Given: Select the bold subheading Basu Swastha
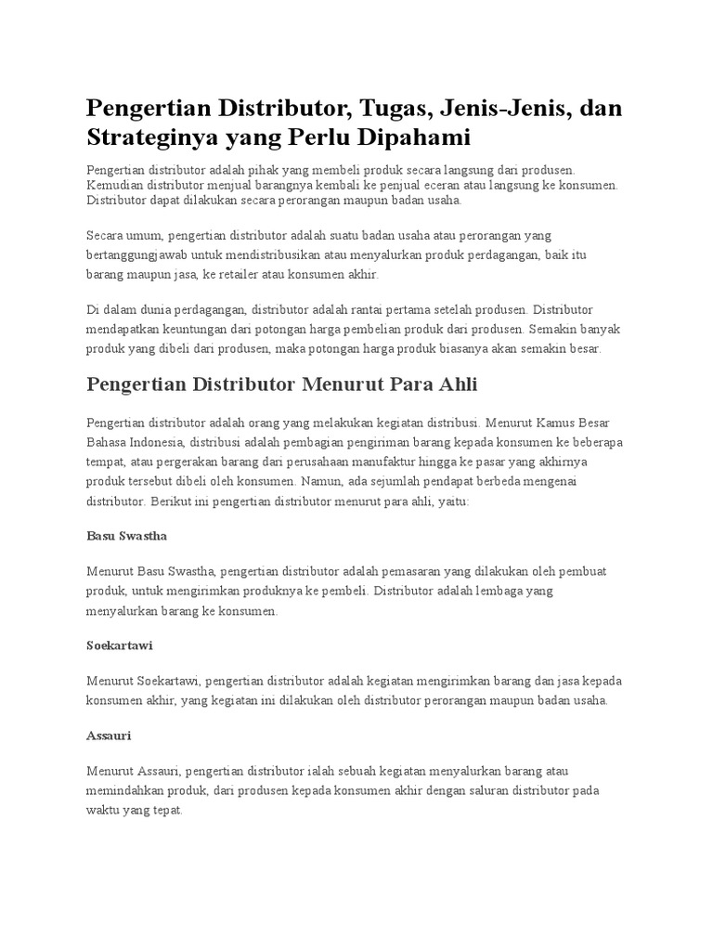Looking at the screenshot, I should pos(125,536).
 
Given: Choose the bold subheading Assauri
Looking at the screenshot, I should pos(109,735).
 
